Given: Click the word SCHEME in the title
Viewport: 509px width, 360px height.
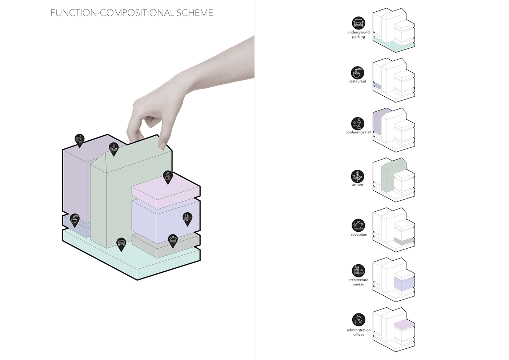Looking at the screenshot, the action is coord(195,13).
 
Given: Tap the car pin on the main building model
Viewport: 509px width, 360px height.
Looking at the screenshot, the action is coord(121,244).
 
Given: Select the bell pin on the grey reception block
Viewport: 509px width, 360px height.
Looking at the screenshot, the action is coord(173,241).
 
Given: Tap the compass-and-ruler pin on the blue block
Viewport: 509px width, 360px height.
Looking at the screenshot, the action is coord(188,219).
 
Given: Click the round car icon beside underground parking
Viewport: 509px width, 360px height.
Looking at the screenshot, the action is coord(358,23).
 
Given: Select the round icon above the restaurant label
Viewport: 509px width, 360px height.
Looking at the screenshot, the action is coord(357,73).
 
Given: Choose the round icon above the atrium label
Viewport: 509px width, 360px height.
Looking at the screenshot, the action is coord(357,176).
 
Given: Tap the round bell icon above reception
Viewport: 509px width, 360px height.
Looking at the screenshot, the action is coord(358,225).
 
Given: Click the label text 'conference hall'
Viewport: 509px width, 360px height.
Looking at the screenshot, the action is coord(358,132).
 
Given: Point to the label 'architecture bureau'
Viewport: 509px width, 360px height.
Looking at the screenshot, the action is coord(358,282).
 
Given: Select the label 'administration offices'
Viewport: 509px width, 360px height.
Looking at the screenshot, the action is coord(358,332).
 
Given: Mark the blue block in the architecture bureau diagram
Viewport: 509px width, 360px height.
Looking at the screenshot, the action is coord(404,284).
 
